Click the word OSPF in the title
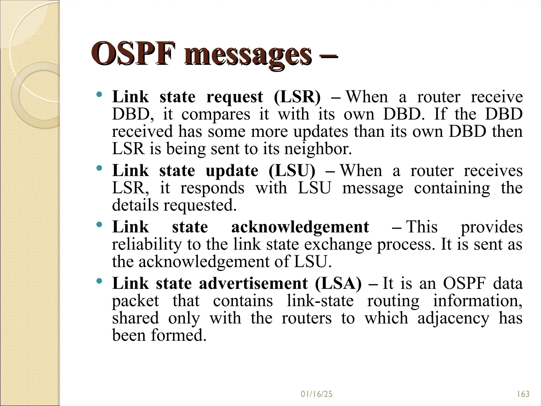pyautogui.click(x=133, y=54)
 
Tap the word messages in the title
pyautogui.click(x=248, y=54)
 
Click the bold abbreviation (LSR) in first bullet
pyautogui.click(x=297, y=97)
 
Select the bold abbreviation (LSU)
pyautogui.click(x=292, y=170)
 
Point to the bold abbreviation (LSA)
pyautogui.click(x=338, y=283)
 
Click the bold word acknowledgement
pyautogui.click(x=300, y=227)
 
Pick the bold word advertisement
pyautogui.click(x=253, y=283)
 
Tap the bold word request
pyautogui.click(x=235, y=97)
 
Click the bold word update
pyautogui.click(x=232, y=171)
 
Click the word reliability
pyautogui.click(x=147, y=244)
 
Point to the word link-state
pyautogui.click(x=320, y=301)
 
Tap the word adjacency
pyautogui.click(x=453, y=318)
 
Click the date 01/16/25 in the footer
pyautogui.click(x=316, y=394)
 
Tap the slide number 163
pyautogui.click(x=523, y=394)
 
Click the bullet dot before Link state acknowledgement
pyautogui.click(x=99, y=225)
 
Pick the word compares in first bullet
pyautogui.click(x=216, y=115)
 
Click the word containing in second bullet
pyautogui.click(x=452, y=188)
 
